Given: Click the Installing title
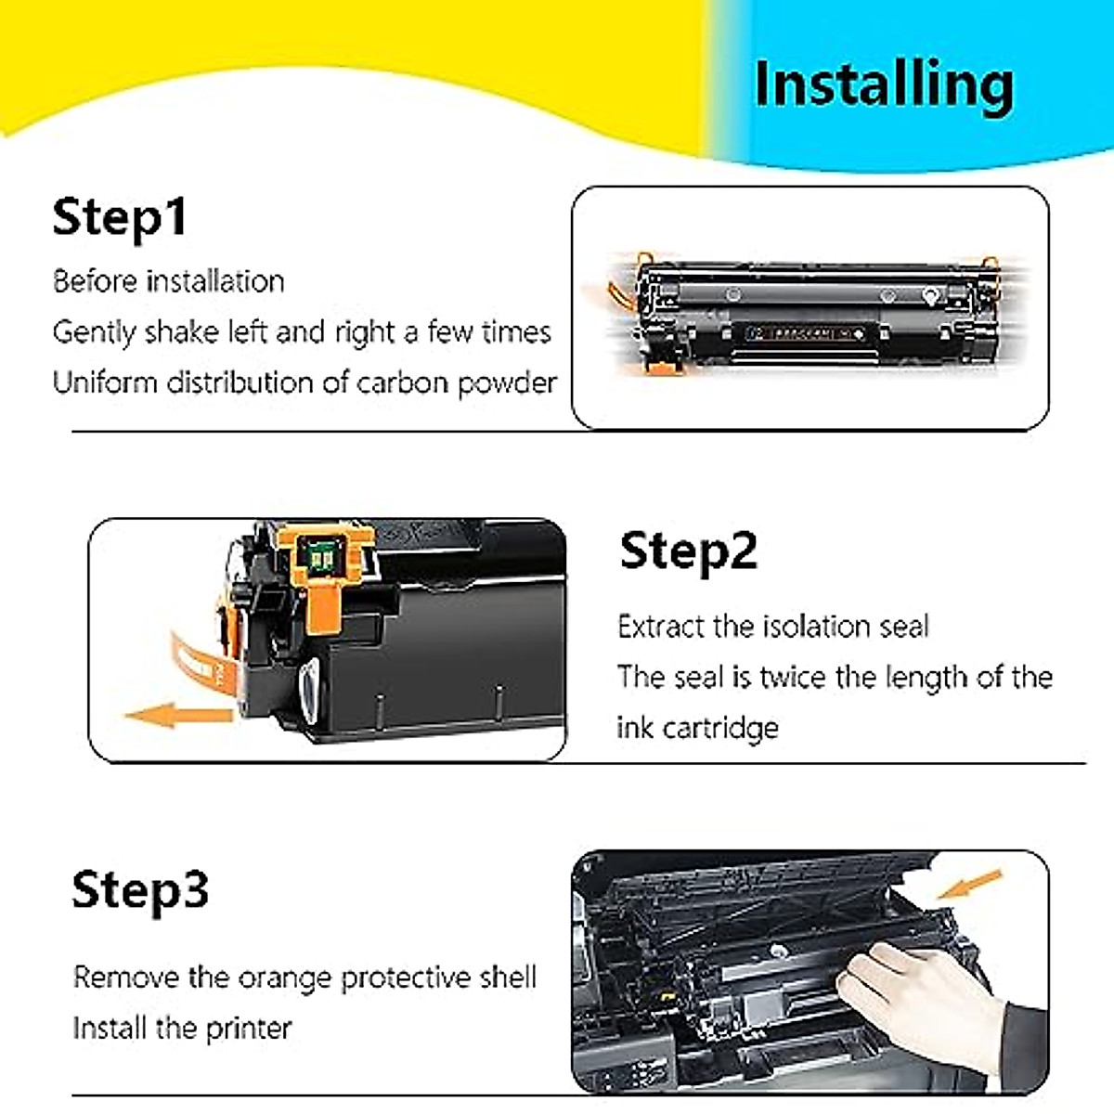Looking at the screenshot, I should click(883, 85).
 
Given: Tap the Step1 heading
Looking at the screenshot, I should click(120, 217).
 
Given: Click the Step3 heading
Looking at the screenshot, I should click(140, 889).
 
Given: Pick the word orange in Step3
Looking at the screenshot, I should click(285, 978).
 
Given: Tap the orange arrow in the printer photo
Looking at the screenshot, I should click(969, 885).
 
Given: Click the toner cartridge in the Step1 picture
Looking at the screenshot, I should click(808, 311).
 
